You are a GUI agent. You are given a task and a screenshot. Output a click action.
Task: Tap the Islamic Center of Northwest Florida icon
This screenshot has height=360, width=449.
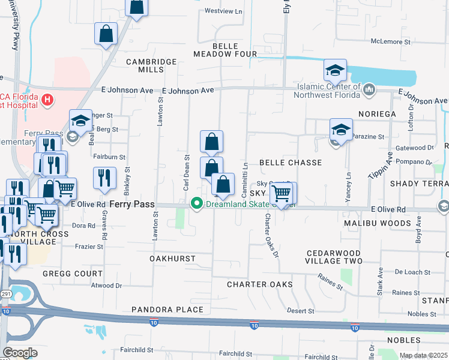(x=370, y=90)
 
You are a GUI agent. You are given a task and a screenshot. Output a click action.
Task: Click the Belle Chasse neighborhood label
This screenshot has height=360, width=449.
(x=291, y=163)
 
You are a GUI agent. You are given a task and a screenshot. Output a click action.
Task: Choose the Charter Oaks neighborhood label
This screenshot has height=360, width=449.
(x=259, y=284)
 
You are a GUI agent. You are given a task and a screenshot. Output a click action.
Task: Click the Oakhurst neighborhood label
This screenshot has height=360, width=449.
(x=173, y=258)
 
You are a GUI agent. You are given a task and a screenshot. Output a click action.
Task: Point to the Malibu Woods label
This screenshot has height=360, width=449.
(x=378, y=223)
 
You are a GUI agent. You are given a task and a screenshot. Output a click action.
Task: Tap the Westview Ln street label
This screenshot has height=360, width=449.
(x=223, y=11)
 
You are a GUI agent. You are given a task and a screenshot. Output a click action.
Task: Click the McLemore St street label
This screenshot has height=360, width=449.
(x=390, y=41)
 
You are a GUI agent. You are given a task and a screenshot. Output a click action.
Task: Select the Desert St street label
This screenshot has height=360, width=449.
(x=301, y=311)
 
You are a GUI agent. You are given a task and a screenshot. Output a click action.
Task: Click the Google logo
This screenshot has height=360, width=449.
(x=20, y=353)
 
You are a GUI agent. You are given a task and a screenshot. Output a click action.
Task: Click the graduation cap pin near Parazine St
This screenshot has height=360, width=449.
(x=341, y=129)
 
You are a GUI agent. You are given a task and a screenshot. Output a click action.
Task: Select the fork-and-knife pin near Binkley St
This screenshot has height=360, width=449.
(x=104, y=178)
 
